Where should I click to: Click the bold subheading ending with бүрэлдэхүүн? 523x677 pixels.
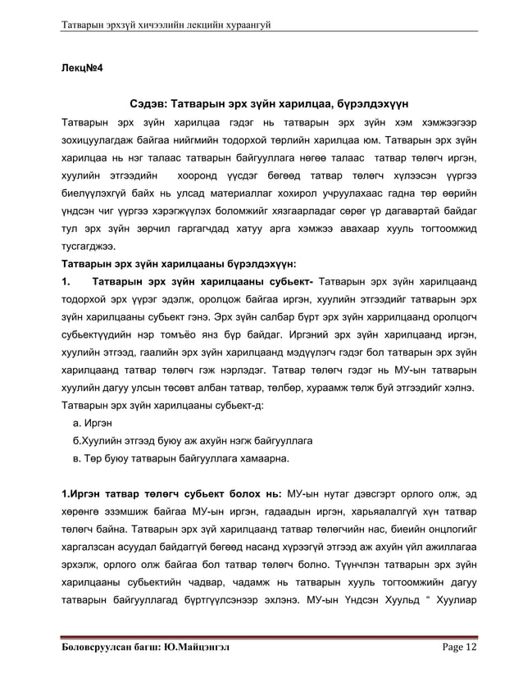[180, 264]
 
